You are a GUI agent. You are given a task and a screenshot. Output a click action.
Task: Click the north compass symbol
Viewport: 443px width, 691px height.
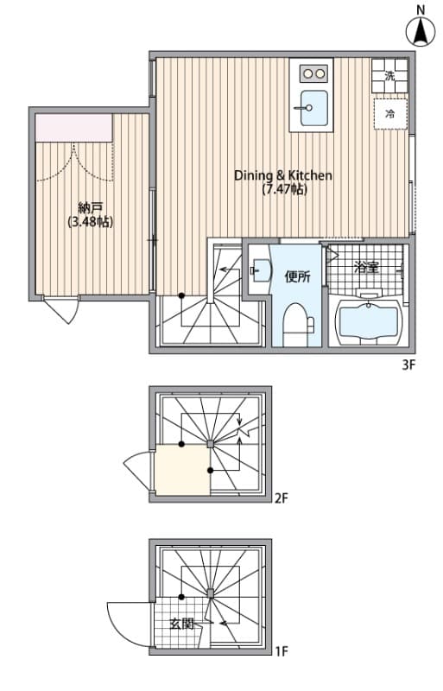421,30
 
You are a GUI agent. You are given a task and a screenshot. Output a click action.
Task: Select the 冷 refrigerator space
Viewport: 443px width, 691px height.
389,113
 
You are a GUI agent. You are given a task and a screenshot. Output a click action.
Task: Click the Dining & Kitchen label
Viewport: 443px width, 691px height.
283,174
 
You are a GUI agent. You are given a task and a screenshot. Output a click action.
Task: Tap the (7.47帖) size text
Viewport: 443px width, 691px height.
283,189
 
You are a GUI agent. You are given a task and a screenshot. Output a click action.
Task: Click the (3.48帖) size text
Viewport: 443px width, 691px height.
90,222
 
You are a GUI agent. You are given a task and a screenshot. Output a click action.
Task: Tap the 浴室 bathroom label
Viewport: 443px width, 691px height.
366,268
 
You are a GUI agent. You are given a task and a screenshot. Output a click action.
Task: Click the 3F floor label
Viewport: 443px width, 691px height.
408,365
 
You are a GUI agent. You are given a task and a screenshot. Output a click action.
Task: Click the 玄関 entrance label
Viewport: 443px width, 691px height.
181,623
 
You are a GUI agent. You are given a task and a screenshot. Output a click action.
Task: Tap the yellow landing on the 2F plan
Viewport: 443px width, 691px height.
182,470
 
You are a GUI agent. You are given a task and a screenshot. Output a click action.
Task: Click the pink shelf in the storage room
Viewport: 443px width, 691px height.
74,129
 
